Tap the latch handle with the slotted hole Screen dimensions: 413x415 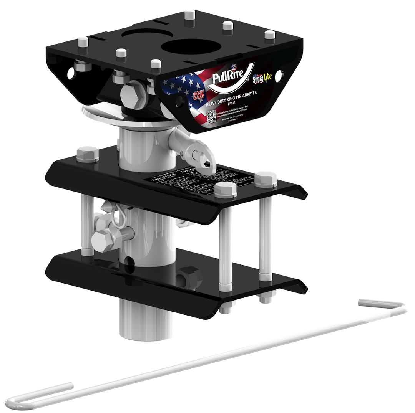(200, 155)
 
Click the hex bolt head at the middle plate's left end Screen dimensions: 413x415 (88, 153)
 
